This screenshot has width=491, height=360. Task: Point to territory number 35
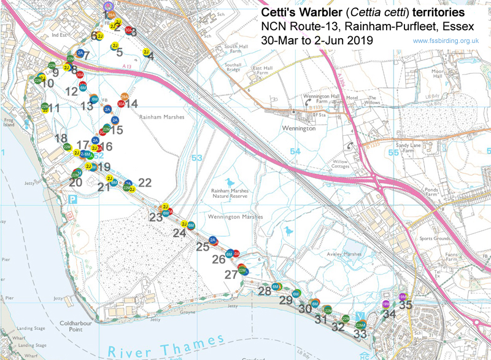pos(405,303)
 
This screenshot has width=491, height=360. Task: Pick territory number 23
pos(156,217)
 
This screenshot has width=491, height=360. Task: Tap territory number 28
pos(264,291)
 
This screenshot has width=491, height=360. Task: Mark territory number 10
pos(47,84)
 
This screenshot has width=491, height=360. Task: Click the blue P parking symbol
pos(74,199)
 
